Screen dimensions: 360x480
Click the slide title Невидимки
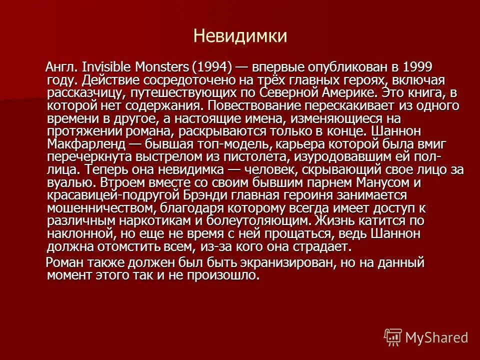coord(240,35)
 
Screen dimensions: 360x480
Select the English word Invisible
coord(103,66)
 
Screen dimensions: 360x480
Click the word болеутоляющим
coord(260,220)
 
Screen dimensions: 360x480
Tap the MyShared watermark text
coord(436,337)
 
